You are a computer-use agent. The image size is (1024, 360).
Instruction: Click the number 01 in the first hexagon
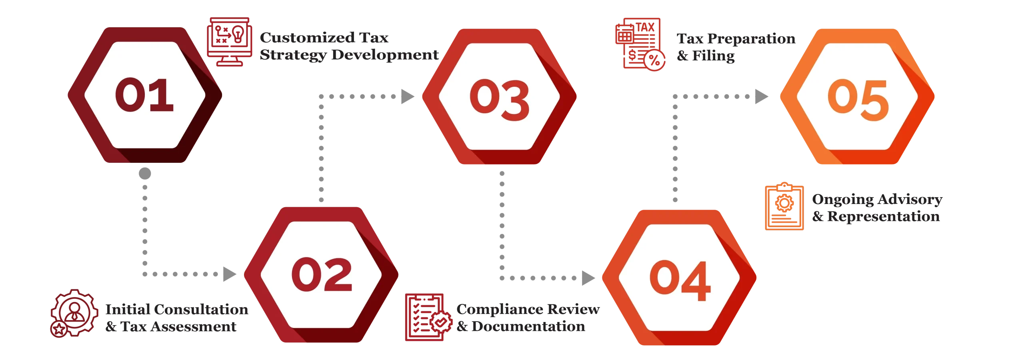click(x=144, y=95)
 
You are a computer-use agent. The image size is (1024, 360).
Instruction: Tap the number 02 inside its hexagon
click(x=322, y=274)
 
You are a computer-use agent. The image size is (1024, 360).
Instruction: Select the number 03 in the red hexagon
click(x=500, y=100)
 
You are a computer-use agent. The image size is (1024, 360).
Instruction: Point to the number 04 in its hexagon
click(x=680, y=280)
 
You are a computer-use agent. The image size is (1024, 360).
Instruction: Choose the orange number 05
click(x=858, y=100)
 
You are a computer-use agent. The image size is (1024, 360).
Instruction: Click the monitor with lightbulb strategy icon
click(x=230, y=42)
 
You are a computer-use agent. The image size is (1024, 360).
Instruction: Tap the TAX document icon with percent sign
click(x=640, y=44)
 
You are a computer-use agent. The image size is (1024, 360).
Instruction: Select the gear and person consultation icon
click(x=74, y=313)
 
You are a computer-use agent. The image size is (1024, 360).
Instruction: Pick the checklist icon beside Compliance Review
click(x=428, y=317)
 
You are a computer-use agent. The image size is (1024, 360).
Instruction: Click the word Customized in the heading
click(x=307, y=38)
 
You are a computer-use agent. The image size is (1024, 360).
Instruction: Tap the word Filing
click(x=713, y=56)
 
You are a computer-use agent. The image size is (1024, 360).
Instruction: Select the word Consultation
click(x=201, y=309)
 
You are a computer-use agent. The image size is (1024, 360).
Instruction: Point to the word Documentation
click(x=528, y=326)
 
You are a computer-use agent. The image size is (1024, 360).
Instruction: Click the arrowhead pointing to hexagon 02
click(x=230, y=274)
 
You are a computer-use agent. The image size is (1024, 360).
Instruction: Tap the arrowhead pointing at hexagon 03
click(x=408, y=96)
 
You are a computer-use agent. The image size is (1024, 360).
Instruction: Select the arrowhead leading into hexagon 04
click(x=588, y=278)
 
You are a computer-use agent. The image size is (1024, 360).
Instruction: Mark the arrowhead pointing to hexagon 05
click(x=762, y=96)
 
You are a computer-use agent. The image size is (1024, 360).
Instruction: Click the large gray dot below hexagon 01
click(x=145, y=174)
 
